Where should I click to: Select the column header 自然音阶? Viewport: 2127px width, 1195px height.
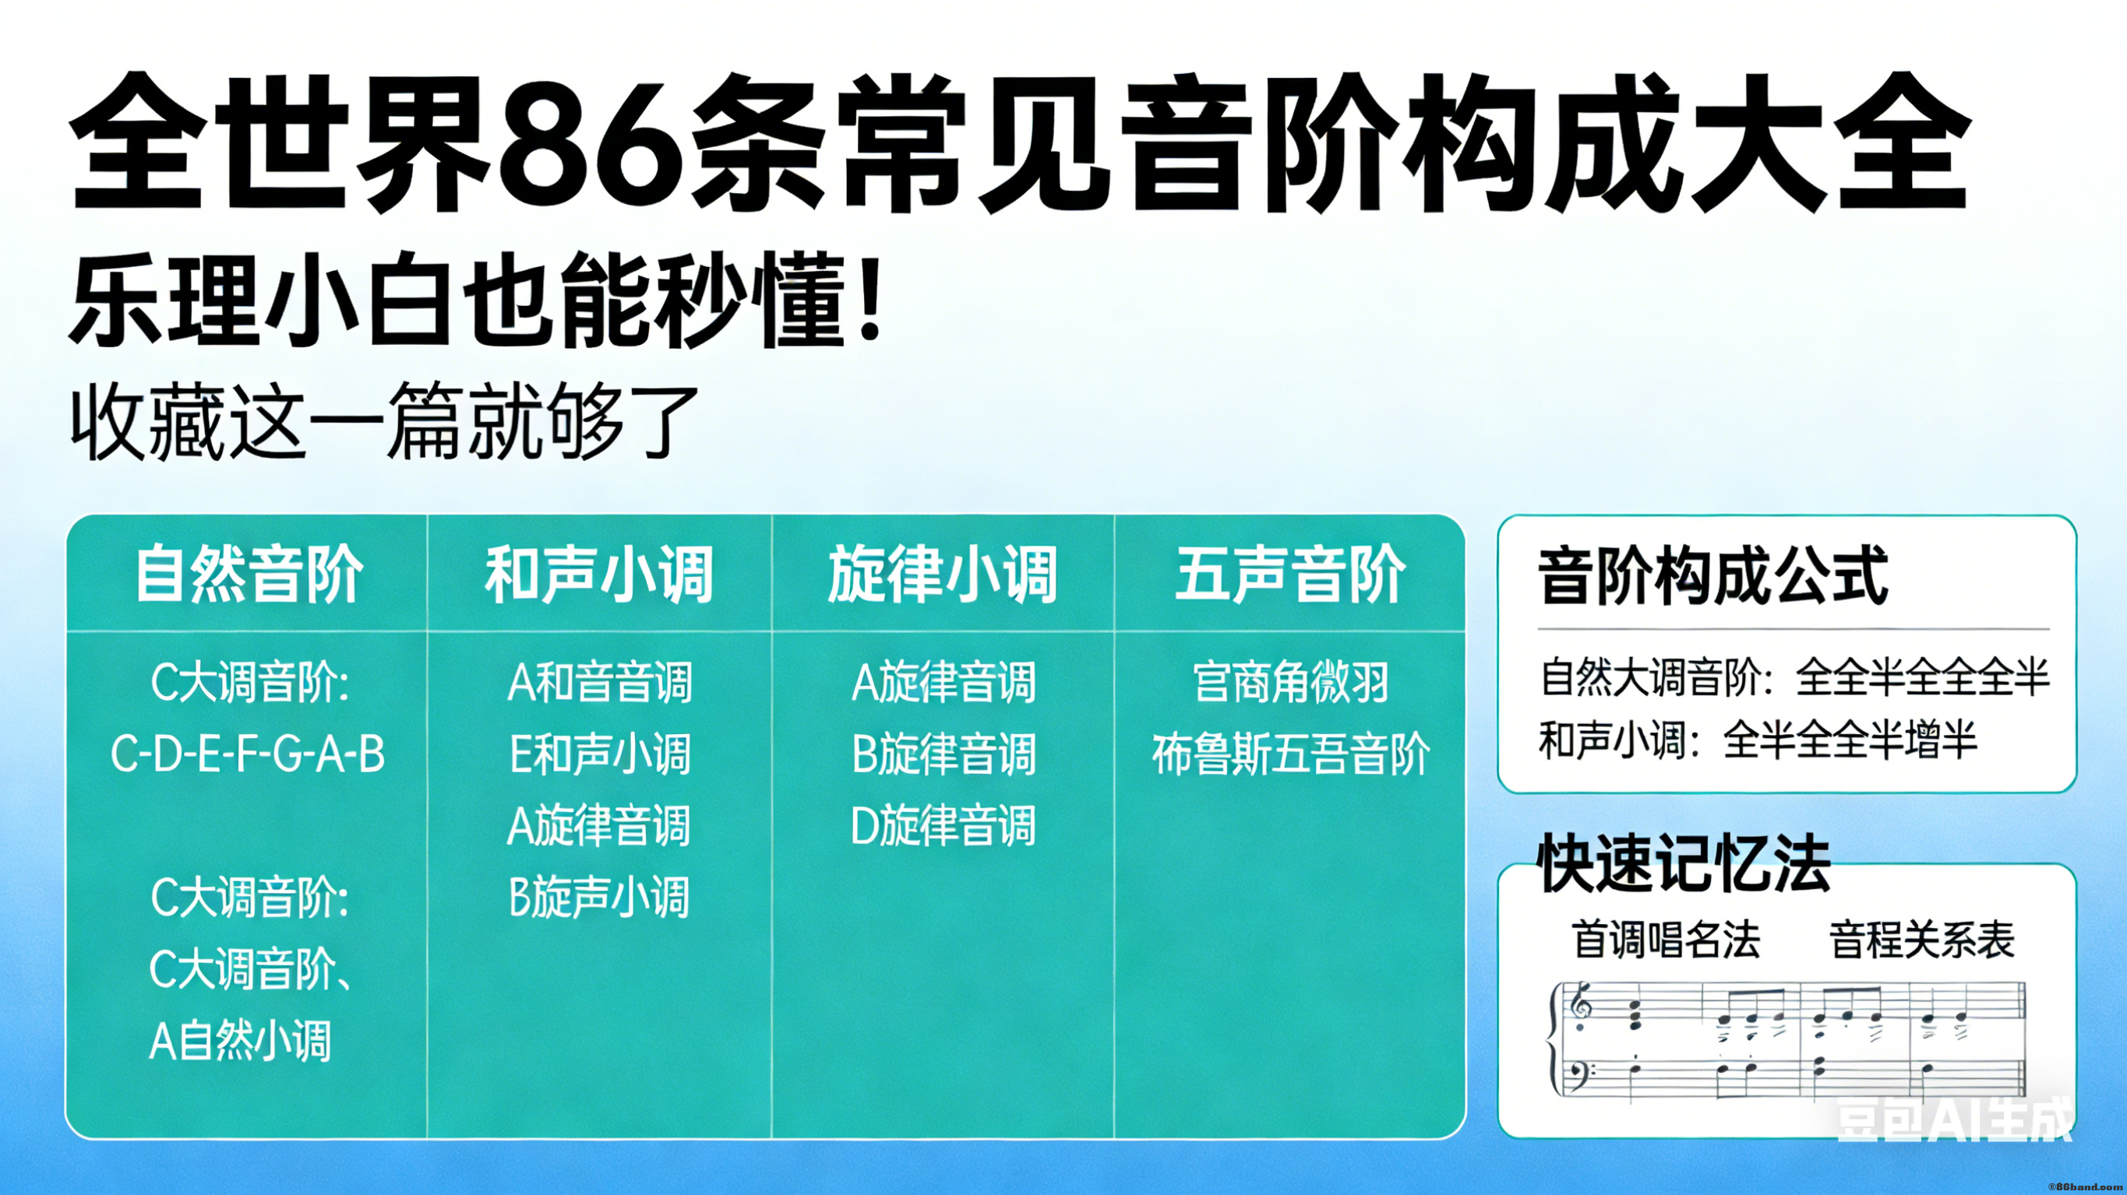pyautogui.click(x=249, y=575)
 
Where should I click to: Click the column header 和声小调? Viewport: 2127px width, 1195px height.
pyautogui.click(x=598, y=575)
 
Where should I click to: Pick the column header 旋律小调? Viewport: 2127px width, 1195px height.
pyautogui.click(x=943, y=575)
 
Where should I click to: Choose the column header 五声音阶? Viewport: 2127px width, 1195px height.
pyautogui.click(x=1290, y=575)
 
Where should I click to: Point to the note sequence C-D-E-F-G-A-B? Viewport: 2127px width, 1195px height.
pyautogui.click(x=248, y=754)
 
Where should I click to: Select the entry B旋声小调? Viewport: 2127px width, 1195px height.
pyautogui.click(x=599, y=897)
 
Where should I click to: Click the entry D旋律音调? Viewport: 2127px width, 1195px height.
pyautogui.click(x=943, y=825)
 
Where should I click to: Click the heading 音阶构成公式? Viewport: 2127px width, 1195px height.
pyautogui.click(x=1713, y=575)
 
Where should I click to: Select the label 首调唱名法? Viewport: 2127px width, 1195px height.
pyautogui.click(x=1667, y=940)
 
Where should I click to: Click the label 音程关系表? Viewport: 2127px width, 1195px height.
pyautogui.click(x=1922, y=940)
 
